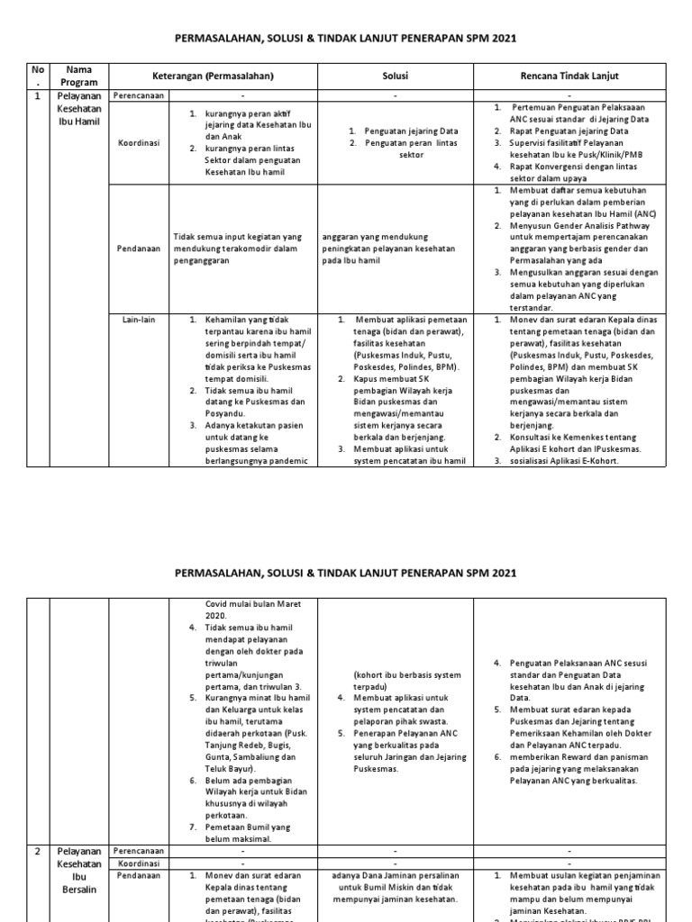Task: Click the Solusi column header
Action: pos(397,76)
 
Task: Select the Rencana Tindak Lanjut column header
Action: pos(569,76)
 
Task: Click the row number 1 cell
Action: pos(37,95)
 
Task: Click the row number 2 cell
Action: pos(37,849)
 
